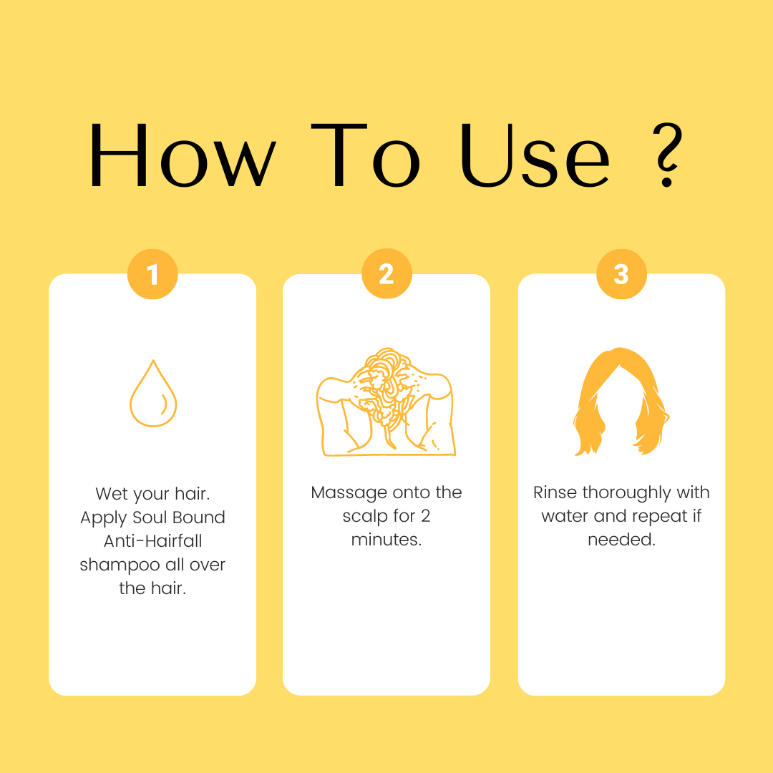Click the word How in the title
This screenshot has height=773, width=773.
pos(183,155)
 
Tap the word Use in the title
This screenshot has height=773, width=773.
pos(535,155)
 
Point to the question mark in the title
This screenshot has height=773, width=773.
pos(668,155)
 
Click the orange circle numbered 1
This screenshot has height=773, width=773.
pos(152,274)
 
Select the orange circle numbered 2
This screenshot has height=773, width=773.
pos(386,273)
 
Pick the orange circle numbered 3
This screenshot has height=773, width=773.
pos(621,274)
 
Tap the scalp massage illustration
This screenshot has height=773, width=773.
pos(386,402)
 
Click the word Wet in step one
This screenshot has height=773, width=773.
pos(111,493)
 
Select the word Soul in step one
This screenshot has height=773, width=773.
pos(150,517)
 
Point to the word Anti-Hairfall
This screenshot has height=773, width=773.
pos(153,541)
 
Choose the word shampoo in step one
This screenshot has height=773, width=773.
pos(120,565)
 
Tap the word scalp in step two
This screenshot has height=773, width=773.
pos(365,516)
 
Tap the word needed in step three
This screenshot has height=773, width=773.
pos(620,540)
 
